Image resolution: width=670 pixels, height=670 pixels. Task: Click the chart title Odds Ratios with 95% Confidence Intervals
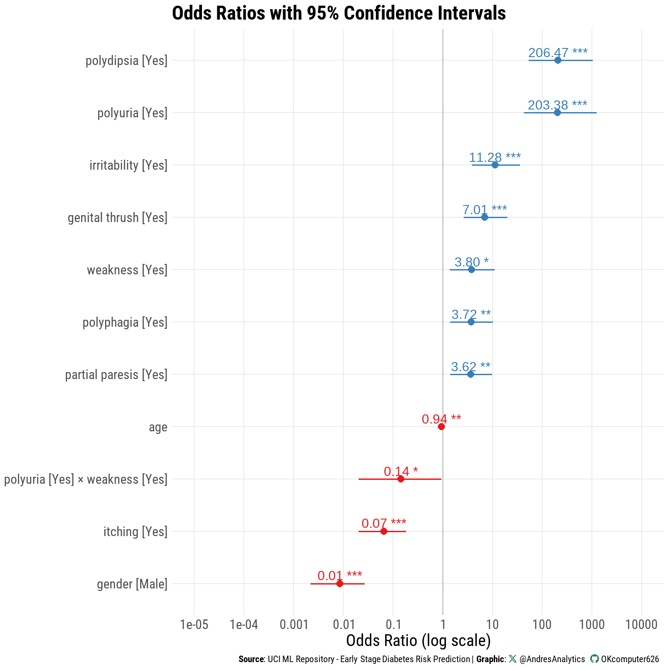click(x=339, y=13)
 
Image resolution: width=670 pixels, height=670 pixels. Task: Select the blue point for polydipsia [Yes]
click(x=557, y=60)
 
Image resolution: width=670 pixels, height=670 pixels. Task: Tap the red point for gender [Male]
click(x=340, y=584)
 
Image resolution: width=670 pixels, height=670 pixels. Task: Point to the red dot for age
click(x=441, y=427)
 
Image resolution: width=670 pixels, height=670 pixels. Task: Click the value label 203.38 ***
click(x=557, y=105)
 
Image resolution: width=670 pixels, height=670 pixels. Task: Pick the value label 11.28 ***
click(x=495, y=157)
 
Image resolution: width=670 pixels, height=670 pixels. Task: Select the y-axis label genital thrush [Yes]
click(x=117, y=218)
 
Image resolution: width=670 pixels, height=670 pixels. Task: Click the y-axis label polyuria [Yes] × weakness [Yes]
click(x=85, y=479)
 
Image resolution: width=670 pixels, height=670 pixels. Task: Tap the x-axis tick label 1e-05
click(x=194, y=625)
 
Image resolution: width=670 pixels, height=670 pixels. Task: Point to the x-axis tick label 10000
click(x=641, y=625)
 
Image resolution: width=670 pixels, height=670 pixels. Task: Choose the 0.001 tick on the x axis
click(x=294, y=625)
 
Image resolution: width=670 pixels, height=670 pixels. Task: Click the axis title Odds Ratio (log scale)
click(x=418, y=641)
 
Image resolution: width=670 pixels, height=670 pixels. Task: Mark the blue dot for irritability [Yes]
click(x=495, y=165)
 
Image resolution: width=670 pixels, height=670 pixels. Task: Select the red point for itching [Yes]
click(x=384, y=531)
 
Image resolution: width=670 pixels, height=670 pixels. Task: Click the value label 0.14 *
click(x=400, y=472)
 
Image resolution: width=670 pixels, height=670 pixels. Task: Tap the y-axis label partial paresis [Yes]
click(x=116, y=375)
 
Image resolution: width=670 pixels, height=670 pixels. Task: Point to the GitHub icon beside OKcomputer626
click(x=594, y=659)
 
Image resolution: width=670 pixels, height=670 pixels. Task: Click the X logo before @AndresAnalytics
click(x=513, y=659)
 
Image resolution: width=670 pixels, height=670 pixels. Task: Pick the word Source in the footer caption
click(x=251, y=659)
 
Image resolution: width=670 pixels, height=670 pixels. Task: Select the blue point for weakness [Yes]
click(x=471, y=270)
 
